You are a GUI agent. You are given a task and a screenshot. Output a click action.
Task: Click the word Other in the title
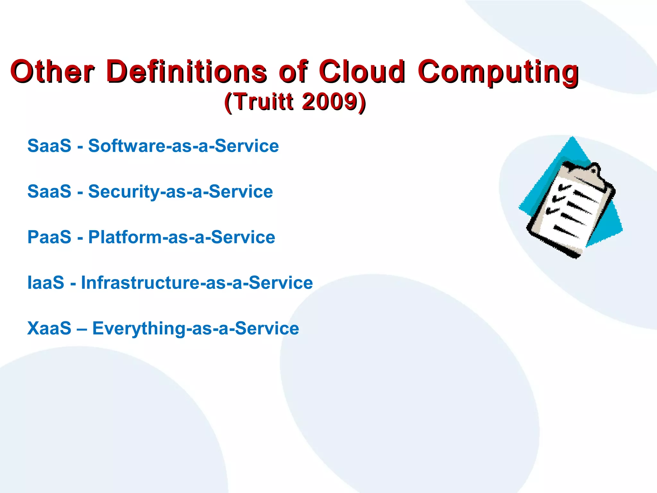[x=52, y=71]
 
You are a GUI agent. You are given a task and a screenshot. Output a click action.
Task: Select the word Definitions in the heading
[x=187, y=71]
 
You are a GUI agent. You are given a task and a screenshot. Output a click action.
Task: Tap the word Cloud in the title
[x=362, y=71]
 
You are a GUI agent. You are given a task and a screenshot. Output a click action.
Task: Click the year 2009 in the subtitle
[x=329, y=102]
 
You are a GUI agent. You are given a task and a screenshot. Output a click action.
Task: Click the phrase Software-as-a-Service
[x=183, y=146]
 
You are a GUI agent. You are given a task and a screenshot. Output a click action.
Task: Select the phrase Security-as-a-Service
[x=181, y=192]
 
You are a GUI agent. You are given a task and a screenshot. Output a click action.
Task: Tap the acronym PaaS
[x=49, y=237]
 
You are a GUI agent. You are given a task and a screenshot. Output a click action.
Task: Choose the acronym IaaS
[x=46, y=283]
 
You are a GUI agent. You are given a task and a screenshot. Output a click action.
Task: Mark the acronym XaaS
[x=49, y=328]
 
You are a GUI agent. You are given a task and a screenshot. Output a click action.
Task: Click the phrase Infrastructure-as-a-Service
[x=197, y=283]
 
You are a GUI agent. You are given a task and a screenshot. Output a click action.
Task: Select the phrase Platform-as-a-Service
[x=182, y=237]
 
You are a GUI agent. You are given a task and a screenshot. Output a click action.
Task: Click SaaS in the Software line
[x=49, y=146]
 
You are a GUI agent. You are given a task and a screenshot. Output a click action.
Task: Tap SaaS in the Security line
[x=49, y=192]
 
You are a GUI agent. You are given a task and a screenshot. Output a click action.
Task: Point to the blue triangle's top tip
[x=573, y=137]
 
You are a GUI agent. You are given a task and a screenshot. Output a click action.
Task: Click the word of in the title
[x=293, y=71]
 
